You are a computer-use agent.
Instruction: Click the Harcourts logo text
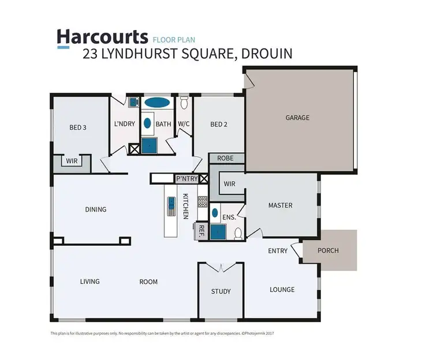[102, 37]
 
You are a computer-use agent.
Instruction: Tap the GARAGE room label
[297, 118]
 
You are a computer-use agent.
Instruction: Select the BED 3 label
[78, 127]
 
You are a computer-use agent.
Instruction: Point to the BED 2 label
[219, 124]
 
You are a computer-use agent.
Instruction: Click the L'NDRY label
[124, 124]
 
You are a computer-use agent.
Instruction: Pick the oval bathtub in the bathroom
[156, 103]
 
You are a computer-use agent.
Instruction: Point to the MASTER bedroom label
[280, 205]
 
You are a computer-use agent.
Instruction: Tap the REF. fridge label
[202, 231]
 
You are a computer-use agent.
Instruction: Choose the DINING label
[96, 209]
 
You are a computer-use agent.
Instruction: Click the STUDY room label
[221, 291]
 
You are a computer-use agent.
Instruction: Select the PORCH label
[329, 250]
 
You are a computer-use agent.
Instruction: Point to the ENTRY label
[278, 251]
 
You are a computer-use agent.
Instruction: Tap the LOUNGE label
[282, 290]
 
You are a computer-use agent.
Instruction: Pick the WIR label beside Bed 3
[72, 162]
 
